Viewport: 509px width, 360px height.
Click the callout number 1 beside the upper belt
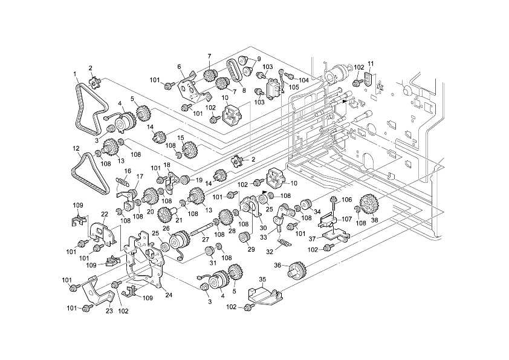76,74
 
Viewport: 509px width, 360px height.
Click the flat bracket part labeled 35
265,296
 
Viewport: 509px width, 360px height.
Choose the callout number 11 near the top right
371,64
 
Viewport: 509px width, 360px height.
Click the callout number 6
180,67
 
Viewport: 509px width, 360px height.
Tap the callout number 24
169,295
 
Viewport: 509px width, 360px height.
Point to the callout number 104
303,79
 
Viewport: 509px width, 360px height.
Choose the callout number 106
346,200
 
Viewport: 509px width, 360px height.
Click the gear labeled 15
189,149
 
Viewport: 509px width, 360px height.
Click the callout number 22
105,214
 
